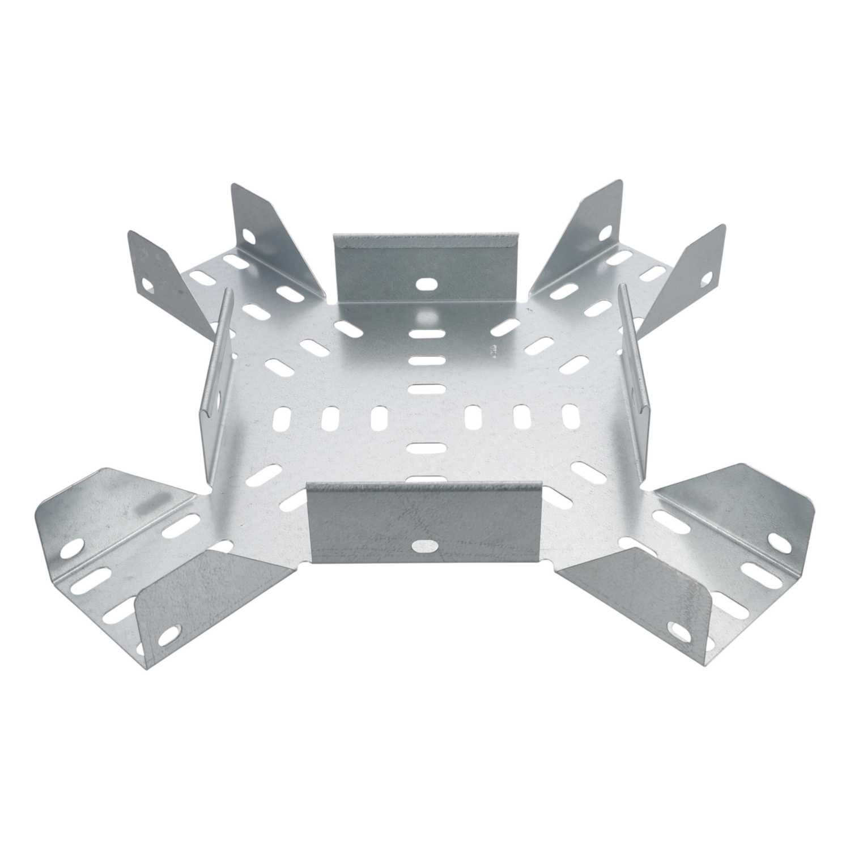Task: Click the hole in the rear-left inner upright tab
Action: click(x=248, y=234)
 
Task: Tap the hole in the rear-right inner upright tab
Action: click(x=605, y=231)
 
